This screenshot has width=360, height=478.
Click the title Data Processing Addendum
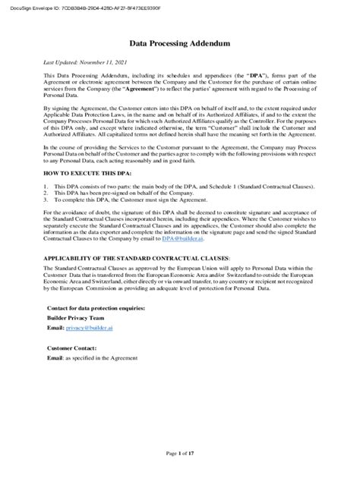[180, 45]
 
